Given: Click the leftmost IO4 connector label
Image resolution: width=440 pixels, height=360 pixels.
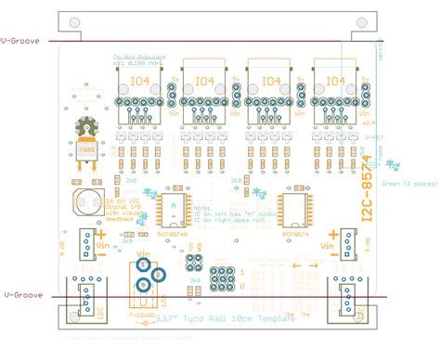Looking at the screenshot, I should [141, 82].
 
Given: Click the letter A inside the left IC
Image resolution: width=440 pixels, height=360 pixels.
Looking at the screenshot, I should [173, 201].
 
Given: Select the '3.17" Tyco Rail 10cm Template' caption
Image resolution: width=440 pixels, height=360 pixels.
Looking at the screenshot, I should [222, 317].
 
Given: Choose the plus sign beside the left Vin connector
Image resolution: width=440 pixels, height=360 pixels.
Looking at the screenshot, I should [100, 236].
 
